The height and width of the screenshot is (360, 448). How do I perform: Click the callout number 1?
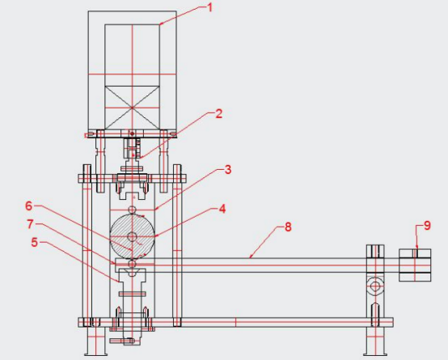pos(209,8)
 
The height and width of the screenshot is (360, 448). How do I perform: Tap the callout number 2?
pos(218,114)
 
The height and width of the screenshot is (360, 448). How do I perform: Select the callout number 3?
pos(229,170)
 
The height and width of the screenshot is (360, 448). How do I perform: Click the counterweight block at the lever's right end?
pos(416,265)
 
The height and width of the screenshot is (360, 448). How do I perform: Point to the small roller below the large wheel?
pos(133,262)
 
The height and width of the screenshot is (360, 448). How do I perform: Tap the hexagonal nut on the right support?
pos(374,286)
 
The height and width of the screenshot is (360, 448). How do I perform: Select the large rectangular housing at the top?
pos(132,69)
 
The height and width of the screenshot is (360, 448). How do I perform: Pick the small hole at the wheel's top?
pos(133,214)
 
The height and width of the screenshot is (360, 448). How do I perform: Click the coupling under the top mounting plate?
pos(132,149)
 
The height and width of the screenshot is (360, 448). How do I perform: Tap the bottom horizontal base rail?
pos(243,322)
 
